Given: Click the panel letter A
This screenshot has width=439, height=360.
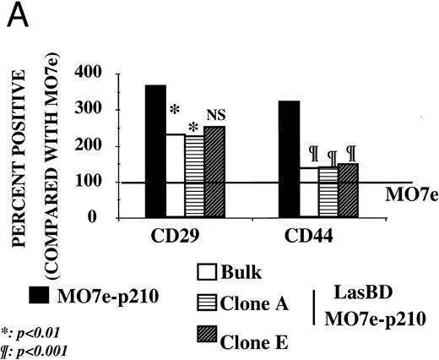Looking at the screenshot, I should (14, 17).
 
